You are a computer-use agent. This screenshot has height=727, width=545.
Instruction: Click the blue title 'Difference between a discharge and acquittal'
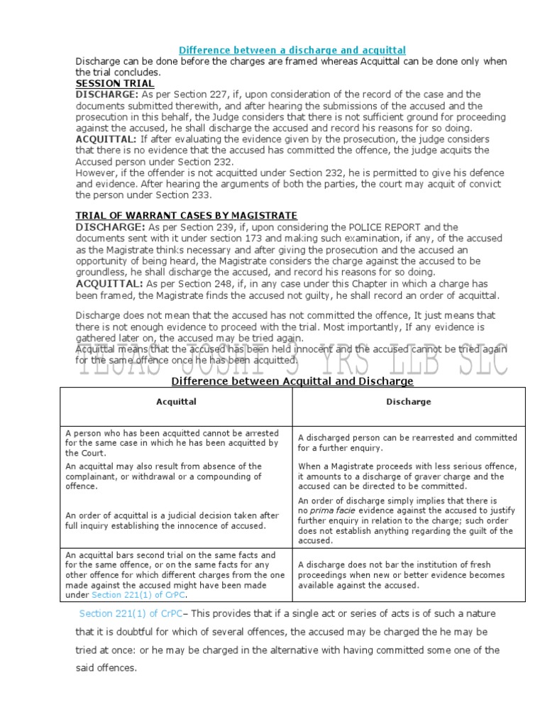(x=292, y=50)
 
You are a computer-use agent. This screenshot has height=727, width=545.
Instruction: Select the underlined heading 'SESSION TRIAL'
(x=114, y=83)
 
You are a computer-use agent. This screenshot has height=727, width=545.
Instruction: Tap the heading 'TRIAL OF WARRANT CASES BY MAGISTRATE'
(x=186, y=215)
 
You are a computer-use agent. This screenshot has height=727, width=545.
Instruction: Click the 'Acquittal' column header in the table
(x=176, y=402)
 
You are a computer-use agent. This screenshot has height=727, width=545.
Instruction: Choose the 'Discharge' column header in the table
(x=408, y=402)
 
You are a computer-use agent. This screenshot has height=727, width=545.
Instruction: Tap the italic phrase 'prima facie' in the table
(x=334, y=510)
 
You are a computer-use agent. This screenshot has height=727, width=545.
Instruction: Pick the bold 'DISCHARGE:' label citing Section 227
(x=107, y=94)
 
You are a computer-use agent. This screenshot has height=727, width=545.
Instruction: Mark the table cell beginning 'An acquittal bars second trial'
(x=176, y=574)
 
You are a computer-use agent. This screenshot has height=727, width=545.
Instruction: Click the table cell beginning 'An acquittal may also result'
(x=176, y=476)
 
